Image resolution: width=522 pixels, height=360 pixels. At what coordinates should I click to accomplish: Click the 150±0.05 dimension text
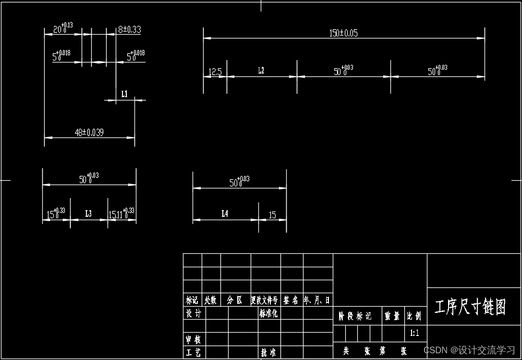[343, 33]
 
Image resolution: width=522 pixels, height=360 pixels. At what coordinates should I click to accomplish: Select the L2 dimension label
[261, 71]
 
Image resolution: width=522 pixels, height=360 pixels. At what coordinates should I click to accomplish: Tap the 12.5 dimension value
[215, 73]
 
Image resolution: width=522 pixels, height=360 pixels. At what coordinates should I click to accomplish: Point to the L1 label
[124, 94]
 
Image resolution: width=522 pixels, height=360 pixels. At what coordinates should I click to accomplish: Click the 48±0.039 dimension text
[89, 133]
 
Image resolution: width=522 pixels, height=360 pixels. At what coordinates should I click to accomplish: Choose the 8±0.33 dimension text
[129, 29]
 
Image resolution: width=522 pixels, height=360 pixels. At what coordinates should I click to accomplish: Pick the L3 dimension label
[88, 213]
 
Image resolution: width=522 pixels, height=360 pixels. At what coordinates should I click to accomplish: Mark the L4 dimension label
[225, 213]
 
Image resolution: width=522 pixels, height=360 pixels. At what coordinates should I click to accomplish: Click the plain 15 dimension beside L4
[272, 215]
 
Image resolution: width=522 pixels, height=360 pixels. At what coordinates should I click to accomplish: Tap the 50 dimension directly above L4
[239, 182]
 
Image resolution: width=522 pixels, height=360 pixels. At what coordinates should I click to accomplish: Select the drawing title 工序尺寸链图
[470, 307]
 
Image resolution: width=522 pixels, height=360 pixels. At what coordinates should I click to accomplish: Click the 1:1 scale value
[414, 333]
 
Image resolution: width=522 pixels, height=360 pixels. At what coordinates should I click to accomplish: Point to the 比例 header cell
[414, 316]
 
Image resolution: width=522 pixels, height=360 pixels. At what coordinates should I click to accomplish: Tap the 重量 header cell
[392, 316]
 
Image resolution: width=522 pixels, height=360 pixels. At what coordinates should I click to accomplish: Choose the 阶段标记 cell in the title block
[355, 316]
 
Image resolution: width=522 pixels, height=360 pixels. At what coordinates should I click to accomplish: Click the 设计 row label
[194, 313]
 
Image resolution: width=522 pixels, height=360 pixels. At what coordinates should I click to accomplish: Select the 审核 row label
[194, 339]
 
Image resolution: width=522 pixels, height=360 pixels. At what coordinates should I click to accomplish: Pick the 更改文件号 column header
[265, 300]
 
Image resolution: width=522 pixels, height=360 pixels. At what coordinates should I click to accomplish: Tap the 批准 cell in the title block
[268, 352]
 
